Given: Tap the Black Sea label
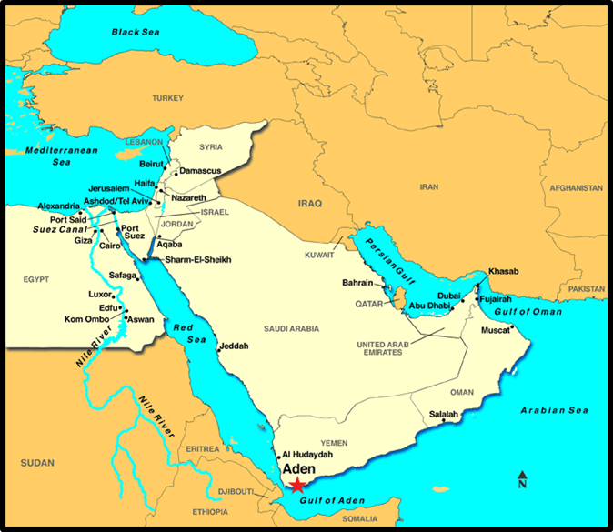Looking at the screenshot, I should (x=136, y=32).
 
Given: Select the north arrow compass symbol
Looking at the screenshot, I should (x=522, y=480).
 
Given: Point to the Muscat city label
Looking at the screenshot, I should (x=497, y=329).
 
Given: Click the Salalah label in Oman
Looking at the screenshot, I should (x=443, y=414).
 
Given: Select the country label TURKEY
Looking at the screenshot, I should (x=167, y=97).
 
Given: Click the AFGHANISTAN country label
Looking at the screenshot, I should (x=576, y=187).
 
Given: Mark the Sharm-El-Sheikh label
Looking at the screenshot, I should (x=198, y=260).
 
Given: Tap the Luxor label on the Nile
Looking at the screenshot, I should (x=99, y=295).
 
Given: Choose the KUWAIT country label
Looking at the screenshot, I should (x=319, y=256).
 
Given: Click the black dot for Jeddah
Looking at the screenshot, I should (x=218, y=346).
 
